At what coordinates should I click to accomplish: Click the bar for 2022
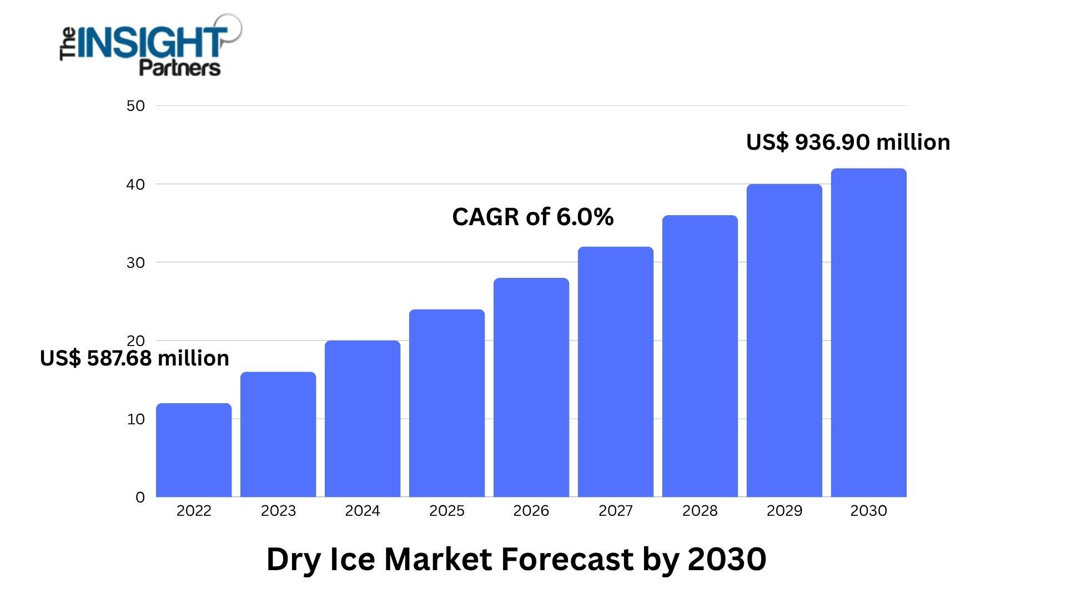tap(194, 450)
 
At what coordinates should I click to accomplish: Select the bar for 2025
tap(447, 403)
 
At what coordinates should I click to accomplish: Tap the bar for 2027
tap(616, 372)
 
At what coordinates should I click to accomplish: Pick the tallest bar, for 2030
tap(869, 333)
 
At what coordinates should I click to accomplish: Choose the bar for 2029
tap(785, 341)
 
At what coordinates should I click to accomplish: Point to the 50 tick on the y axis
tap(135, 106)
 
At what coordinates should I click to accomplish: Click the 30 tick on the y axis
tap(135, 262)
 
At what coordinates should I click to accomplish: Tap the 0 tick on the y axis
tap(140, 498)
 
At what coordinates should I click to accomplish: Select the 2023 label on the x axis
tap(278, 511)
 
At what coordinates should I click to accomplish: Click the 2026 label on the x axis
tap(531, 511)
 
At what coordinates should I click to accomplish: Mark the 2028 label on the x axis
tap(700, 511)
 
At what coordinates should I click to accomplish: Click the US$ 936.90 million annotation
tap(848, 143)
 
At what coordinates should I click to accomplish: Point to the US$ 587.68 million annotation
tap(134, 358)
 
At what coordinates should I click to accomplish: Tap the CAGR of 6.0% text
tap(533, 217)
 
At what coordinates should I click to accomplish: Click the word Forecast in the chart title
tap(567, 559)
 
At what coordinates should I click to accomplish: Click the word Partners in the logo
tap(179, 68)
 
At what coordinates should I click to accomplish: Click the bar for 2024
tap(363, 419)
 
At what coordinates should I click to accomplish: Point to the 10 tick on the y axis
tap(135, 419)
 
